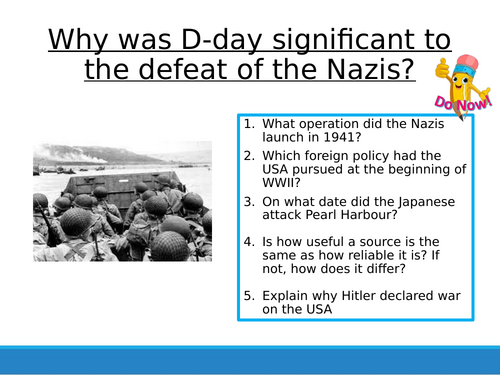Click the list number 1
pos(247,124)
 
